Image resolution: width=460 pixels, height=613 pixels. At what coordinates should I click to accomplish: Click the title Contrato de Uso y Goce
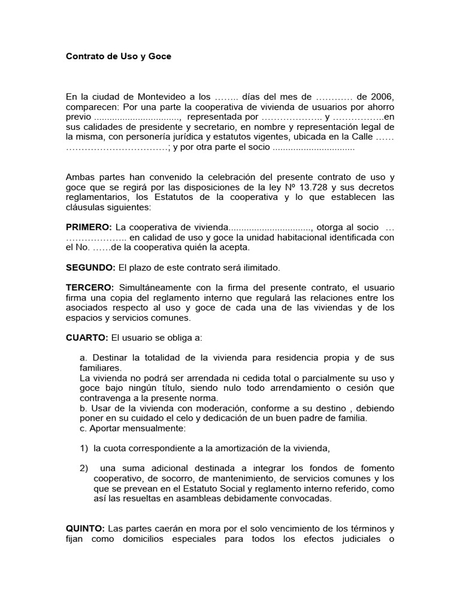[118, 56]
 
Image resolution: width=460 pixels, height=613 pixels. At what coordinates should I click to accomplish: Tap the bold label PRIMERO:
[89, 227]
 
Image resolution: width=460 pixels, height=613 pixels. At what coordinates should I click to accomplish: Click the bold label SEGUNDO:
[90, 268]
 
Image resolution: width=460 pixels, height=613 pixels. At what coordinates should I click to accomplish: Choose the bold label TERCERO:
[90, 288]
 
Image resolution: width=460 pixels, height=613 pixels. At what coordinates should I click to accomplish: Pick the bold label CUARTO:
[87, 338]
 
